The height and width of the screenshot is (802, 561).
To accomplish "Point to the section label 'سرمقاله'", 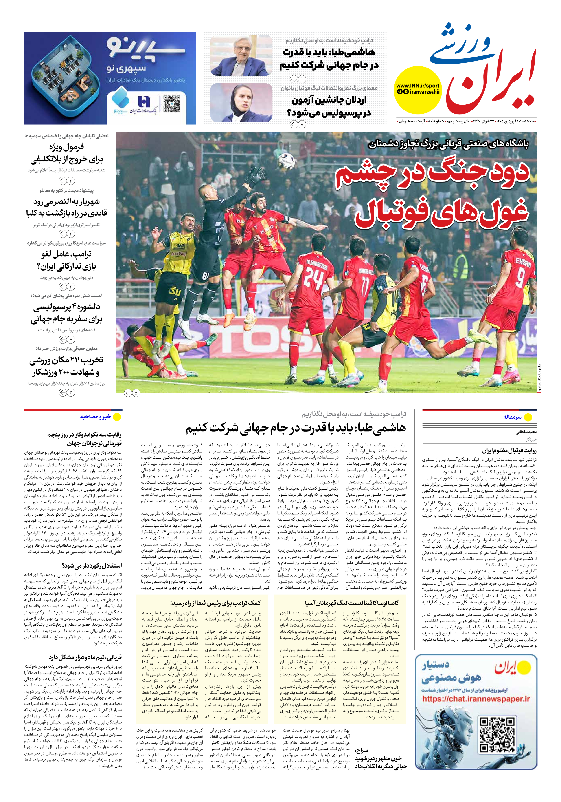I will coord(512,417).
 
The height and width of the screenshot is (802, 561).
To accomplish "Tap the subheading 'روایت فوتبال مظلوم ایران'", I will coord(509,451).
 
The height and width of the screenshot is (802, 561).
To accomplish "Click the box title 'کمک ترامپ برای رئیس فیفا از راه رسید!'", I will coord(215,603).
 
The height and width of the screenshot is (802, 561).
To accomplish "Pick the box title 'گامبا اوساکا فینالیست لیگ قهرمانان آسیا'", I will coord(352,603).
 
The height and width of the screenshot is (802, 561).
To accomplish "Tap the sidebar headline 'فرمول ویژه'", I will coord(66,147).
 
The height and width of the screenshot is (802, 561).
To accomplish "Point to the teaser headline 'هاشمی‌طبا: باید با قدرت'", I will coord(329,52).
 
